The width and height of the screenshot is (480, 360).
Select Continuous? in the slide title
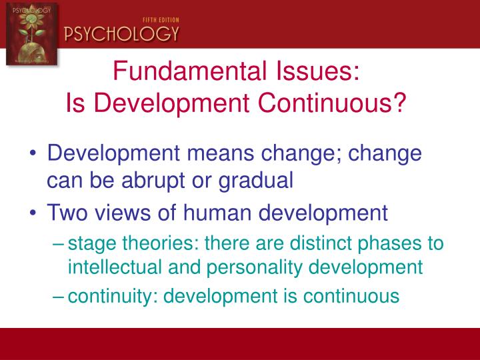(x=323, y=103)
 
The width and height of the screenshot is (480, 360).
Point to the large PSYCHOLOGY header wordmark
(x=121, y=33)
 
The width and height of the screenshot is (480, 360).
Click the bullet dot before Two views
(x=34, y=213)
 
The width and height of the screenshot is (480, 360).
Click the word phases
(x=391, y=243)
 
